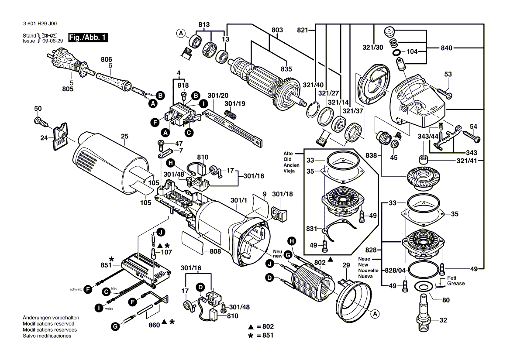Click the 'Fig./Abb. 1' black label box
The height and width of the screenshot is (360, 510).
pyautogui.click(x=88, y=38)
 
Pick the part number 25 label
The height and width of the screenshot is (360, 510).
pyautogui.click(x=125, y=137)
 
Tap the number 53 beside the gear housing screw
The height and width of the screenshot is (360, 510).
pyautogui.click(x=448, y=75)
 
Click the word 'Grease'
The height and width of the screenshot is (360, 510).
pyautogui.click(x=456, y=284)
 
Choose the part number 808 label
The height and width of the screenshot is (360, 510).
pyautogui.click(x=215, y=251)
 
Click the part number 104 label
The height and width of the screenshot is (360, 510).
pyautogui.click(x=412, y=51)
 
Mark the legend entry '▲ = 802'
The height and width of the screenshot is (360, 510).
pyautogui.click(x=262, y=327)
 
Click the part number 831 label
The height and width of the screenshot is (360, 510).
pyautogui.click(x=311, y=228)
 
